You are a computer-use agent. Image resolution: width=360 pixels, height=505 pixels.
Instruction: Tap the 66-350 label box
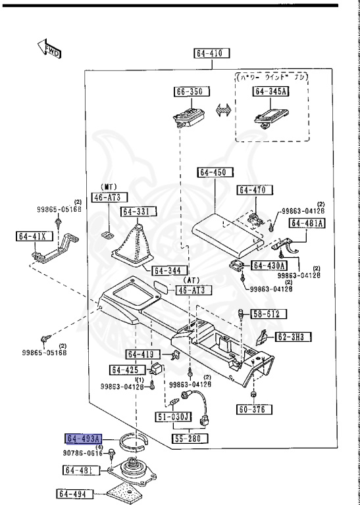(191, 92)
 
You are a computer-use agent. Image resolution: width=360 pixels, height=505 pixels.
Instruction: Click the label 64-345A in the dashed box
(272, 92)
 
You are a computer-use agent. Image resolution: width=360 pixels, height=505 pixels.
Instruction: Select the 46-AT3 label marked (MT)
(110, 197)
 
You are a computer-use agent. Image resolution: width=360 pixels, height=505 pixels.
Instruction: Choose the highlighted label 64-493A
(83, 439)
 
